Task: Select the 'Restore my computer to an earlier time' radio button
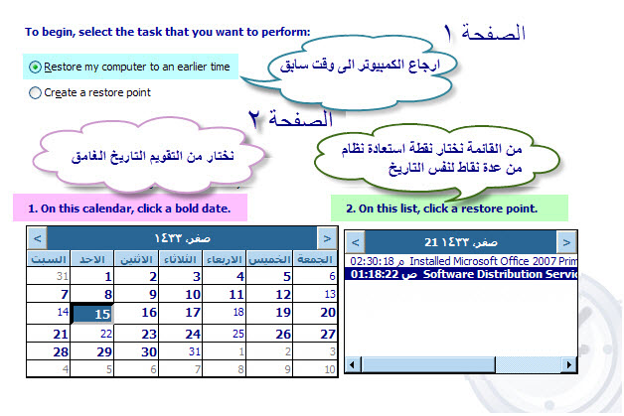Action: pyautogui.click(x=35, y=67)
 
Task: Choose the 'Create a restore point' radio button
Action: pyautogui.click(x=35, y=92)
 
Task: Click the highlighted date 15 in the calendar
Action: pyautogui.click(x=92, y=314)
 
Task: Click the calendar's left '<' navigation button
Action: pyautogui.click(x=38, y=238)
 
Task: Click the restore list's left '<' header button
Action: pyautogui.click(x=356, y=242)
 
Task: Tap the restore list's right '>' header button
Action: pyautogui.click(x=566, y=242)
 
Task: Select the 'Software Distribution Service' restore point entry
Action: pyautogui.click(x=461, y=274)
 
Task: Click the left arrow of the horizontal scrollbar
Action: pyautogui.click(x=352, y=364)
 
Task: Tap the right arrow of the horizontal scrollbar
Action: pyautogui.click(x=569, y=364)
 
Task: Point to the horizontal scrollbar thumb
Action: pyautogui.click(x=428, y=364)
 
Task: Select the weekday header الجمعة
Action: pyautogui.click(x=315, y=259)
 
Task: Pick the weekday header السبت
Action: pyautogui.click(x=49, y=259)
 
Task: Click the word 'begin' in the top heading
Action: pyautogui.click(x=58, y=32)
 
